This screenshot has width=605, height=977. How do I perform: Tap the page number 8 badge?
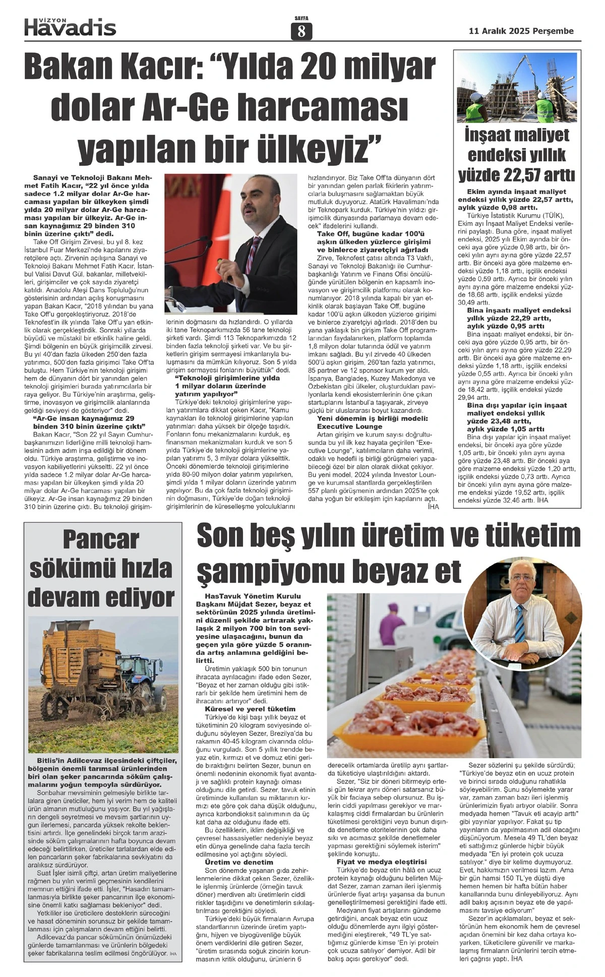point(301,32)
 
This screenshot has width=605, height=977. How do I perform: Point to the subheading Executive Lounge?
point(349,426)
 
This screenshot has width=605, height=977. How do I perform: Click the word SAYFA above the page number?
point(301,19)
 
